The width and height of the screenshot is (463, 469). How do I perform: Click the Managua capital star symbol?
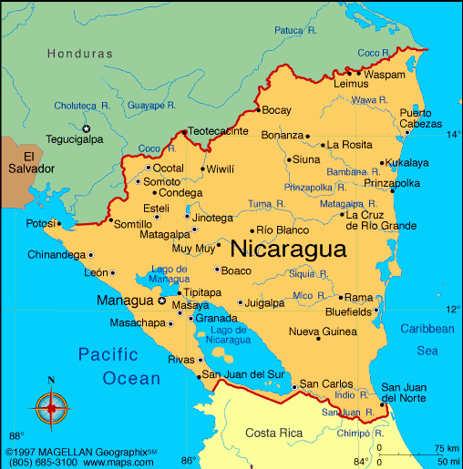point(162,301)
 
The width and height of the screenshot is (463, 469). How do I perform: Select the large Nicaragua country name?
point(288,250)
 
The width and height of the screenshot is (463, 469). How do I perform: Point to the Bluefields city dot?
point(376,311)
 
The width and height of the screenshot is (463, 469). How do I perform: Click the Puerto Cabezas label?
point(422,118)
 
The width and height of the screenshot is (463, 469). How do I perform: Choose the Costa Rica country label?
point(274,431)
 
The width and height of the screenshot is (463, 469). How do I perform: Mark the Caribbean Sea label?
point(427,339)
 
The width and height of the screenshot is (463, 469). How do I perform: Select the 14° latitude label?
point(453,134)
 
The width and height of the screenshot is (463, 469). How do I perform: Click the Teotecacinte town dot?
point(185,132)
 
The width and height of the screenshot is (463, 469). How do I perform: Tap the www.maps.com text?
point(123,463)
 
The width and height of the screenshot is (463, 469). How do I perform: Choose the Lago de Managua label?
point(170,274)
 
